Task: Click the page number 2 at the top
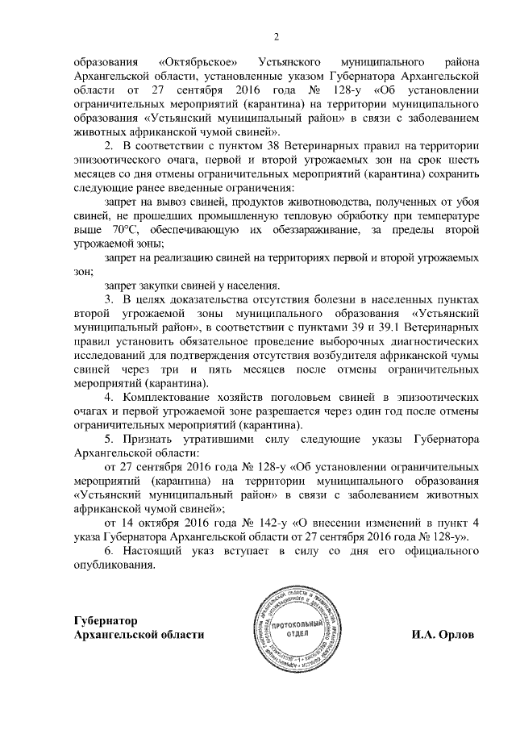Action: [276, 36]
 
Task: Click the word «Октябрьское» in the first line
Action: [191, 60]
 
